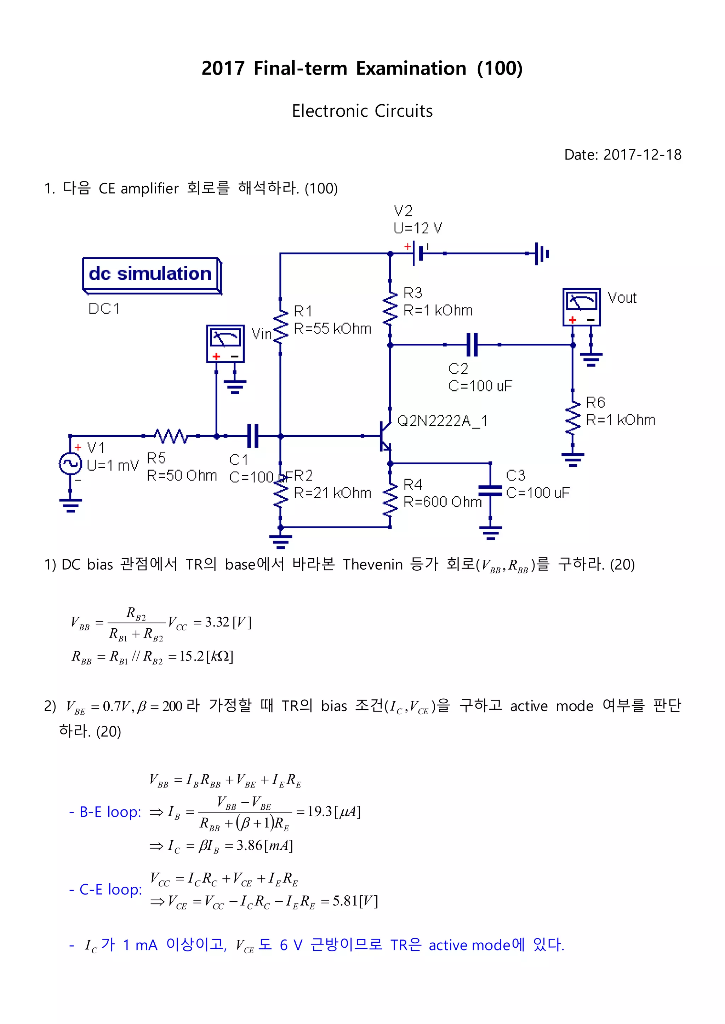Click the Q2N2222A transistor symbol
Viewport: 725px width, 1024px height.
pos(384,436)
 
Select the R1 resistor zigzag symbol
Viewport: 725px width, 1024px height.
pos(280,326)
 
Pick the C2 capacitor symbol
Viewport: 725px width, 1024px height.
pos(472,344)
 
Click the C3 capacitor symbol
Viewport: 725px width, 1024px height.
pos(490,490)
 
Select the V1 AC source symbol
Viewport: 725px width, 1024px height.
pos(70,464)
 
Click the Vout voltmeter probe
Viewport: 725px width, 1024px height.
pos(581,307)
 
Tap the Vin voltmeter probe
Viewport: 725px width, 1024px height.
pos(226,343)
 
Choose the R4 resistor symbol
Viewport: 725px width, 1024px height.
pos(390,500)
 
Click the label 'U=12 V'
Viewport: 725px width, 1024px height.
pos(417,228)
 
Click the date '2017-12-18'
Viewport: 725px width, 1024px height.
pos(642,155)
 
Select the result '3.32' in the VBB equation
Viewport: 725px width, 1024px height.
pos(217,622)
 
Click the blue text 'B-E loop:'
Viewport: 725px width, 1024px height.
pos(110,812)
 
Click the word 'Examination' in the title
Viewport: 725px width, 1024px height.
pos(411,68)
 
